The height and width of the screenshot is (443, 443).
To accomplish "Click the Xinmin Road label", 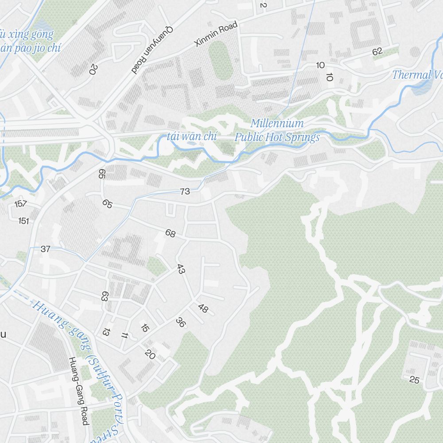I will [216, 34].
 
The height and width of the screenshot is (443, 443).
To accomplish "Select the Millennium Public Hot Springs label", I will [277, 130].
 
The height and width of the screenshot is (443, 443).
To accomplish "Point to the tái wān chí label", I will [192, 136].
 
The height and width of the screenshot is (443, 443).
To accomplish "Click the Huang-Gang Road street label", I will [78, 391].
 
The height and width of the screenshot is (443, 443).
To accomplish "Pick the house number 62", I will [377, 51].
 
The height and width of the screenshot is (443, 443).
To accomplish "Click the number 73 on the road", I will [185, 191].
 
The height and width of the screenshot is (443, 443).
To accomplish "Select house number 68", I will [170, 233].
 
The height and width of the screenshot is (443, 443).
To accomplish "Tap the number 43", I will [180, 269].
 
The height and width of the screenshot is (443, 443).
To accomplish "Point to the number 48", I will [203, 308].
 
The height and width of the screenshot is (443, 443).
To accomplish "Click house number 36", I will [180, 322].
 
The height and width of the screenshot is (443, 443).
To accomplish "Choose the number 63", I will [105, 296].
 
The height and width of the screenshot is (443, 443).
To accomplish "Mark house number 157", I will [20, 204].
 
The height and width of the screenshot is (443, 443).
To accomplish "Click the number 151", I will [23, 221].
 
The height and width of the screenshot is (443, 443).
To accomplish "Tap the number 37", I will [45, 249].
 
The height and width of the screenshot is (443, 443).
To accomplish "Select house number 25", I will [414, 380].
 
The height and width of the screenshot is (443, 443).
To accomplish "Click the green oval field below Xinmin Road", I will [220, 60].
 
